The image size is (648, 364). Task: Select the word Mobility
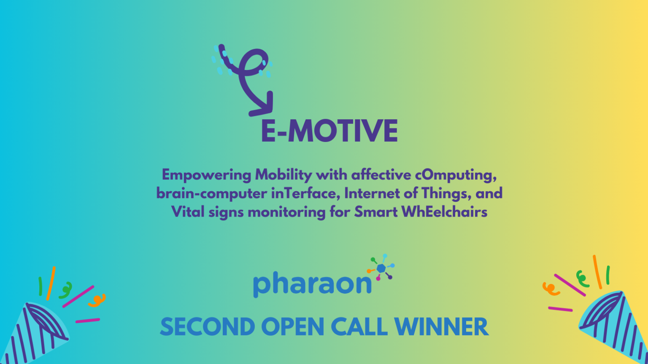[283, 175]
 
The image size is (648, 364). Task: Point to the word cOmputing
[456, 176]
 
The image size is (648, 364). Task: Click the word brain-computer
[211, 193]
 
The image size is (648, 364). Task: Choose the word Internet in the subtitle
[372, 193]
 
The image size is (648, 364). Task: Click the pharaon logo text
[312, 284]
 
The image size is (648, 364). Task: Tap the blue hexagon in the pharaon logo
[381, 268]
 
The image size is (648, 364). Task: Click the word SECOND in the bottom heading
[208, 327]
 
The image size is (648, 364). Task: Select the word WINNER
[441, 327]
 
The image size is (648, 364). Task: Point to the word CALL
[359, 327]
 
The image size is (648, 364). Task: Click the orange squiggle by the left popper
[97, 300]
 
